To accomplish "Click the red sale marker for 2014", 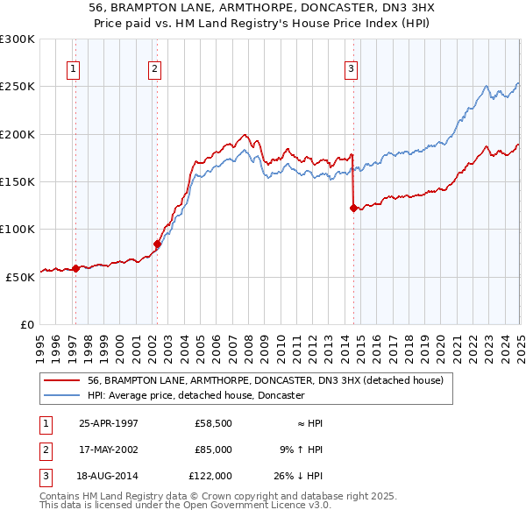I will tap(353, 209).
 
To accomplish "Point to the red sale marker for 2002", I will tap(158, 244).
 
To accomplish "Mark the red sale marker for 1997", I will tap(76, 269).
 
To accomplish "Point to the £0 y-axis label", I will tap(26, 324).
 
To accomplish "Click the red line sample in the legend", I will tap(61, 381).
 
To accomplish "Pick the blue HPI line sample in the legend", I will tap(61, 395).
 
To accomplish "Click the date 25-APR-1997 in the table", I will tap(108, 423).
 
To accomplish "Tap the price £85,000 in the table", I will tap(212, 450).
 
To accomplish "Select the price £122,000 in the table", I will tap(211, 476).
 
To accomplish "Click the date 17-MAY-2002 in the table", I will tap(108, 450).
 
